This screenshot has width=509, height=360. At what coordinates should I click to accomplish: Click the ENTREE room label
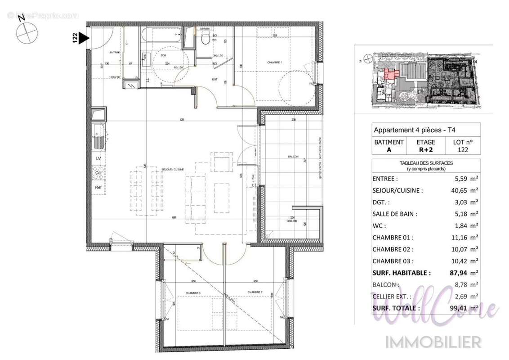click(115, 53)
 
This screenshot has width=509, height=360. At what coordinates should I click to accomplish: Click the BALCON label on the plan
click(293, 157)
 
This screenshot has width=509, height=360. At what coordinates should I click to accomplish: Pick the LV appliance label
click(98, 159)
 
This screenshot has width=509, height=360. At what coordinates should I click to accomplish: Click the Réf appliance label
click(98, 187)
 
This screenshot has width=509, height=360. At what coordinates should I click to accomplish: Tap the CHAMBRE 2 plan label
click(254, 292)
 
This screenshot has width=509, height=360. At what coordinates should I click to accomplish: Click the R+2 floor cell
click(425, 150)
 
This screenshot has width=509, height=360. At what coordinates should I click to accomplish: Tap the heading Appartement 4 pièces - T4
click(415, 130)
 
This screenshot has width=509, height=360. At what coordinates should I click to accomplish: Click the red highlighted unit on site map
click(389, 75)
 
